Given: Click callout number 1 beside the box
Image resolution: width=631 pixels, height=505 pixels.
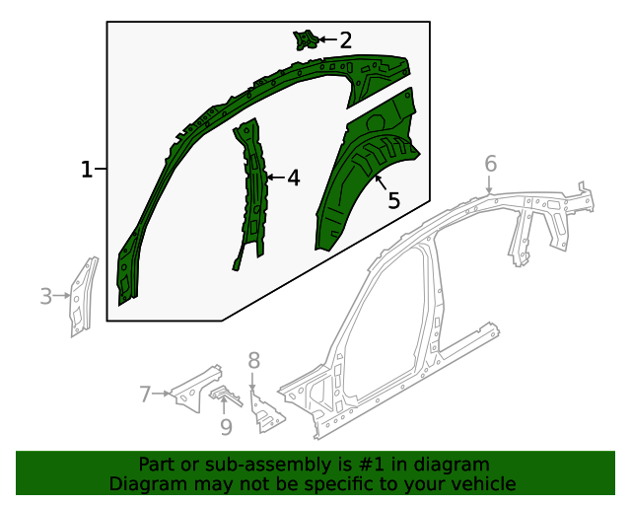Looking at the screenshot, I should pyautogui.click(x=87, y=170).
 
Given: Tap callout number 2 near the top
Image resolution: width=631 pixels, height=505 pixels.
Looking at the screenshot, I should pyautogui.click(x=345, y=40).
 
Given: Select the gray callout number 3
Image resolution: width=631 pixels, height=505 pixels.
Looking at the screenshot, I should pyautogui.click(x=45, y=295).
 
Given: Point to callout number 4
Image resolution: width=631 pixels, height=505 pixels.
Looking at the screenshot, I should pyautogui.click(x=293, y=179).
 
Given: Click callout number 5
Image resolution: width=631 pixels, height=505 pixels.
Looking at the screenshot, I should pyautogui.click(x=393, y=200).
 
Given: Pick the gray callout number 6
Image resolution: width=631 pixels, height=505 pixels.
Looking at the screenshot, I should pyautogui.click(x=490, y=164).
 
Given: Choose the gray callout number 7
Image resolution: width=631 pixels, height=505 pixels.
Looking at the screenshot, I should pyautogui.click(x=145, y=395).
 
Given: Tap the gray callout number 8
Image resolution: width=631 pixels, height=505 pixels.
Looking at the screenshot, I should pyautogui.click(x=253, y=360).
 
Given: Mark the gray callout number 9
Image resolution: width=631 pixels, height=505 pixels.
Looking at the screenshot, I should pyautogui.click(x=226, y=426).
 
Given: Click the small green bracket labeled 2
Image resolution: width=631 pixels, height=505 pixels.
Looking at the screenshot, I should pyautogui.click(x=305, y=39).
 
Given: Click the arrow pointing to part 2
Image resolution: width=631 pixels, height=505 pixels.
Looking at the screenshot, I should pyautogui.click(x=326, y=40).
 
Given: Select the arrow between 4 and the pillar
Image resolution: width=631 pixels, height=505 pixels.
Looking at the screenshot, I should pyautogui.click(x=275, y=179).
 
